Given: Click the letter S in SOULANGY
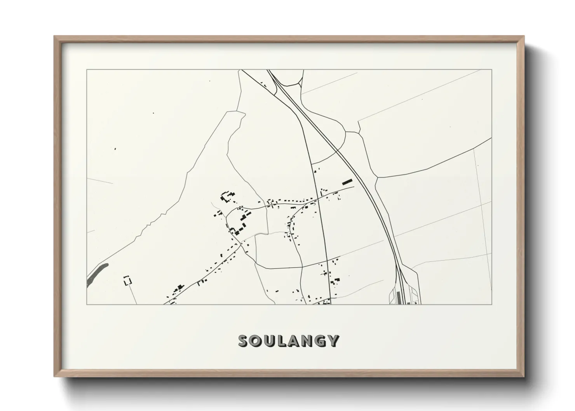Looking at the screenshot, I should (244, 341).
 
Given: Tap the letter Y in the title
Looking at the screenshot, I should (333, 341).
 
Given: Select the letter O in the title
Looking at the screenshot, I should (257, 341).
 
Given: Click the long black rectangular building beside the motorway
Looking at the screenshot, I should (347, 181).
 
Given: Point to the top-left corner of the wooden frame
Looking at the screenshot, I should (54, 37).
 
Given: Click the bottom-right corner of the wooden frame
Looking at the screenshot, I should (524, 376).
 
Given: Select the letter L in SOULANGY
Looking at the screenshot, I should (282, 341).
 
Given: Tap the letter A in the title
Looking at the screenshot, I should (294, 341).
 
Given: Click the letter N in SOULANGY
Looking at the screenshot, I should (307, 341).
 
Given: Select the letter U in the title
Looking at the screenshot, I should (270, 341).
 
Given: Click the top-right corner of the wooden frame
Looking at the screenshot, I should (524, 37).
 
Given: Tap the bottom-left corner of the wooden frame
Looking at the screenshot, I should (54, 376).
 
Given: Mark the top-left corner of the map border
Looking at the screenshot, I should (87, 70).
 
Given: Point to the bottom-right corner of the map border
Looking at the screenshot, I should (492, 304).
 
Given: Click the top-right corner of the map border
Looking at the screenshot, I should (492, 70).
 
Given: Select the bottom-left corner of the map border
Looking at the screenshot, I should (87, 304).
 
